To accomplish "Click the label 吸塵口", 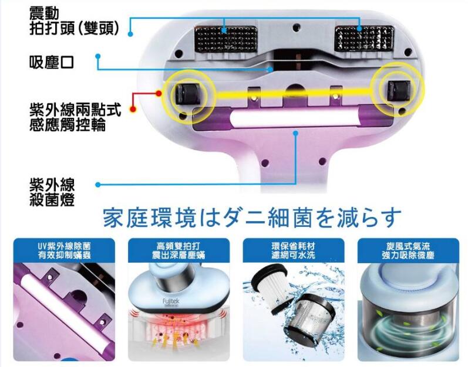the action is tap(51, 62).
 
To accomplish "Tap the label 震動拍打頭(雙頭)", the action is tap(75, 21).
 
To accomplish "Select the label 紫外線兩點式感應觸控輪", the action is tap(75, 117).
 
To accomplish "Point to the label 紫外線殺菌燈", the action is tap(52, 192).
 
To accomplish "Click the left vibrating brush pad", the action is tap(225, 39).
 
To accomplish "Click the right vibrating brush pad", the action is tap(365, 38).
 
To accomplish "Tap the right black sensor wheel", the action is tap(398, 90).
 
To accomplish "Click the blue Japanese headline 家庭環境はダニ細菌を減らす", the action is tap(252, 218).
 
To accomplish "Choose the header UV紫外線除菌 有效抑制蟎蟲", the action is tap(64, 250).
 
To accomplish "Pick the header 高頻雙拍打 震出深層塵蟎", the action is tap(179, 250).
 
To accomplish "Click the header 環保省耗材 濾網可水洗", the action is tap(294, 250).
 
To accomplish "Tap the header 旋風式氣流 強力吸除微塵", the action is tap(408, 250).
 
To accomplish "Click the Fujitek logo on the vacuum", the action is tap(171, 302).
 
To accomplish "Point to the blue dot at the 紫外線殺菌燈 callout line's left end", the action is tap(98, 185).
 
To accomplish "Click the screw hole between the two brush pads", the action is tap(296, 28).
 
